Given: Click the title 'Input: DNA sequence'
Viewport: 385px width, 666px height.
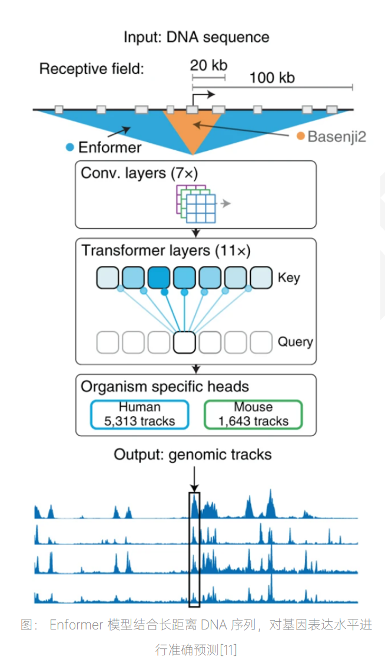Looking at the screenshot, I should click(196, 37).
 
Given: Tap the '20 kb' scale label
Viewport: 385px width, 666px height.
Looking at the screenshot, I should click(208, 65).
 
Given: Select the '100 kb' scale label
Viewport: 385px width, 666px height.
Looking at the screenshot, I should click(271, 78).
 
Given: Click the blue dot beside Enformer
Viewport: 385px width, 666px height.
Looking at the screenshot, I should click(70, 147).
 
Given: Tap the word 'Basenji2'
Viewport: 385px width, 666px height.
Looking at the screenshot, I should click(337, 137).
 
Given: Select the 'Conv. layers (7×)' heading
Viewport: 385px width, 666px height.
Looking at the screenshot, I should click(139, 173).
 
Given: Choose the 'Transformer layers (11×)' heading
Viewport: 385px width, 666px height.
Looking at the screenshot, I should click(166, 250).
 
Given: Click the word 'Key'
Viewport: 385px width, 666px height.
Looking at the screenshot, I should click(288, 278).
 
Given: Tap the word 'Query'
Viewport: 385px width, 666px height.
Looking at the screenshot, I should click(295, 342).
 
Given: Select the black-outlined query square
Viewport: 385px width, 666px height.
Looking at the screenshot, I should click(184, 342).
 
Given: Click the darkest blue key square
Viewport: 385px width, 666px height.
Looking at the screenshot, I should click(159, 277).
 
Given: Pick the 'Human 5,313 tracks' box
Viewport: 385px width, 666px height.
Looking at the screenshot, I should click(140, 414).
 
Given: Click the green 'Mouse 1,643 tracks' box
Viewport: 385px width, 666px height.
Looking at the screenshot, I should click(253, 414).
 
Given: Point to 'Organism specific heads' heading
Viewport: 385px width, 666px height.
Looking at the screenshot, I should click(165, 387).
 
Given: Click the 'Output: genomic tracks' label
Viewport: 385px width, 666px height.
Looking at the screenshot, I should click(192, 454).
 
